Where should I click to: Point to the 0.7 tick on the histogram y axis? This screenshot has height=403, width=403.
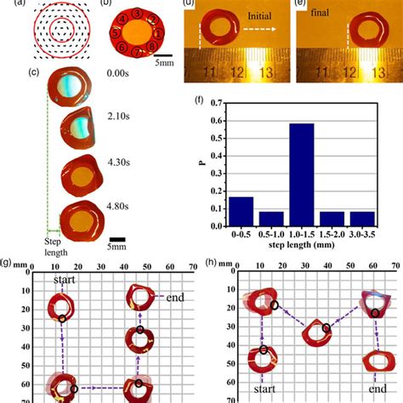tap(218, 103)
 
